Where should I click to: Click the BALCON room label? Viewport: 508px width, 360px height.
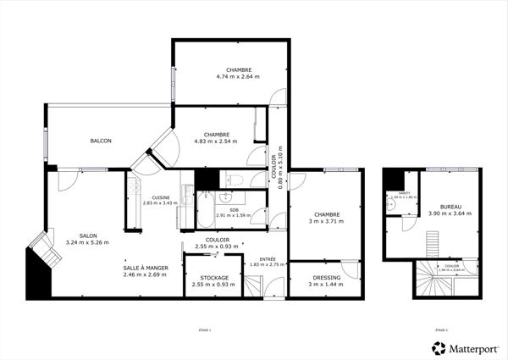[102, 141]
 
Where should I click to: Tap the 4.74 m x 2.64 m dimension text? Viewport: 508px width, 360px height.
[237, 77]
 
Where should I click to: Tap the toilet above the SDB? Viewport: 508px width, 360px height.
[237, 180]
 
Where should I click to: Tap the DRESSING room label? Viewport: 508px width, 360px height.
[326, 278]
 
